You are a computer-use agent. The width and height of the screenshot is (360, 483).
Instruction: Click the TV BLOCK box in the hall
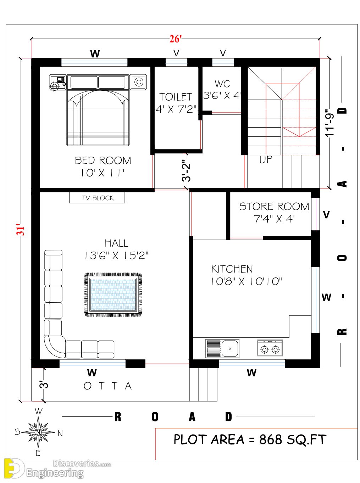[x=97, y=197]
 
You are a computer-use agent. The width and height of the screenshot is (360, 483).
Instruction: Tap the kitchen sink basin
[x=229, y=349]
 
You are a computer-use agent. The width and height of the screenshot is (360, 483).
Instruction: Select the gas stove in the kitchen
[x=270, y=348]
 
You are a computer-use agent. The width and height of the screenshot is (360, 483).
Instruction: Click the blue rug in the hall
[x=113, y=294]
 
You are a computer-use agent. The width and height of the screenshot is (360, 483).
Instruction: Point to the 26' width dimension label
[x=176, y=39]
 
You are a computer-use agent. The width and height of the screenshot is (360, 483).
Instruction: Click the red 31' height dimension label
[x=21, y=230]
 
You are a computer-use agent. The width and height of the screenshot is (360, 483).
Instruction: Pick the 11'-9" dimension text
[x=329, y=123]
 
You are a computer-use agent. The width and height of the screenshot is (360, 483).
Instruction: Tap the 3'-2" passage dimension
[x=186, y=170]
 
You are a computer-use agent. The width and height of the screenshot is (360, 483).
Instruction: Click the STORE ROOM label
[x=274, y=206]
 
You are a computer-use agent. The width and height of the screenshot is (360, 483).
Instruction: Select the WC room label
[x=222, y=84]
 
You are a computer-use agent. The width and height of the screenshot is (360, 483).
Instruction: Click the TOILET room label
[x=176, y=97]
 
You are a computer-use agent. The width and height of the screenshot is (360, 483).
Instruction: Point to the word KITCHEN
[x=232, y=269]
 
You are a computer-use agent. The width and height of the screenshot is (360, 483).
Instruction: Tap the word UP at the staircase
[x=266, y=159]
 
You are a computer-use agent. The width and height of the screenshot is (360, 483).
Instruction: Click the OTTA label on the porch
[x=108, y=386]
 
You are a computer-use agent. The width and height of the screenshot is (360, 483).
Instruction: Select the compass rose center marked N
[x=38, y=432]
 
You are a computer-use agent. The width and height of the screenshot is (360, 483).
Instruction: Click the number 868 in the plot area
[x=270, y=439]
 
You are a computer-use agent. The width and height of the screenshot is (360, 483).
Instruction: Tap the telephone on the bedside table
[x=61, y=80]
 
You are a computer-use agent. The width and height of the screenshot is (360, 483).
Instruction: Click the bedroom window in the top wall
[x=94, y=62]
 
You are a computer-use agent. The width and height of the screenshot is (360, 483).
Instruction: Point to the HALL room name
[x=116, y=243]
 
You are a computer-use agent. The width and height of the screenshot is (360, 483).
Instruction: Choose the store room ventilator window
[x=315, y=214]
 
